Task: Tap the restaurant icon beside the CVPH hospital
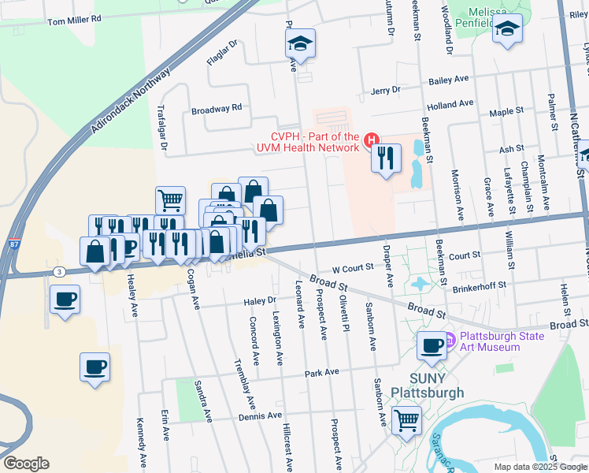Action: [386, 158]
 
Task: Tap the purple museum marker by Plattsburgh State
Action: [451, 341]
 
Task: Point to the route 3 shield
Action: [59, 271]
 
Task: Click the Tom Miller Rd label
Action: [75, 18]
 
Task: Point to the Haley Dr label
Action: [261, 300]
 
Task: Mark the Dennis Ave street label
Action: [260, 415]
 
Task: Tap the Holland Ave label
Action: [450, 103]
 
